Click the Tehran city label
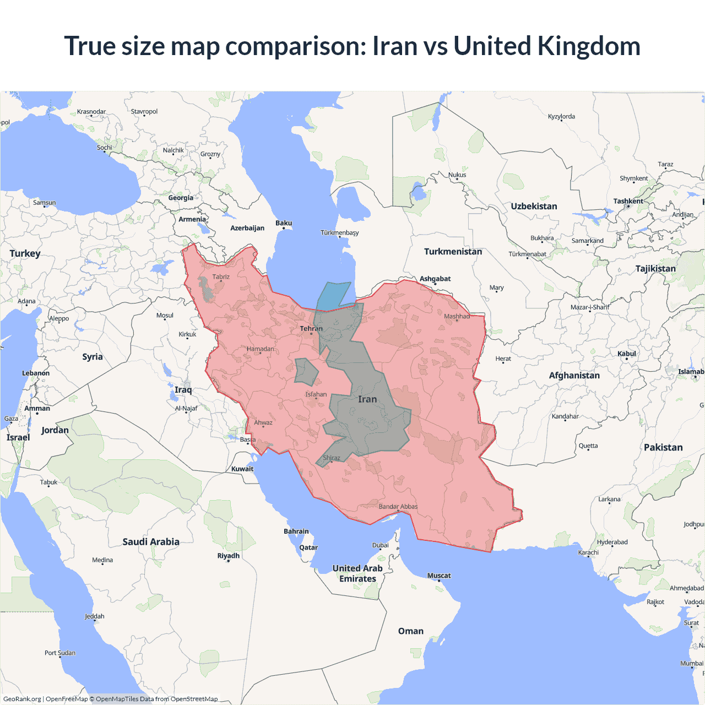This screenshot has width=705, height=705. coord(311,329)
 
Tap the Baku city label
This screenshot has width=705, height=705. coord(284,223)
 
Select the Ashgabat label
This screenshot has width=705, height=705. coord(435,279)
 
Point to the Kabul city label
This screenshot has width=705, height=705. coord(627,354)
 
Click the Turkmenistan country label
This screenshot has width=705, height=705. coord(453,252)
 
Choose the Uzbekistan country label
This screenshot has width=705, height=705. coord(534,207)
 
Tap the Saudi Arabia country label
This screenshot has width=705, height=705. coord(151,542)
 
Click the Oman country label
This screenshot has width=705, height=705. coord(411,631)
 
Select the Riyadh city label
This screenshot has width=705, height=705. coord(229,556)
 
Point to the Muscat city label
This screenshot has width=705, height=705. coord(439,576)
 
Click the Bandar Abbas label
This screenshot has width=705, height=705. coord(398,507)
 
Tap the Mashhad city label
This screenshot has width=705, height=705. coord(457,316)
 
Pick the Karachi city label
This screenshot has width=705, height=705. coord(588,552)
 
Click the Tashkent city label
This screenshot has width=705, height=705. coord(628,201)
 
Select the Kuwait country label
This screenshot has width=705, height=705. coord(242,469)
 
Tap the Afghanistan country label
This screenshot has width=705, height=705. coord(574,376)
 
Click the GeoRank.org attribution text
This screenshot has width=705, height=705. coord(22,699)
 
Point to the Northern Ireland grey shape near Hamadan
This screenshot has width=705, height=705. coord(306,372)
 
